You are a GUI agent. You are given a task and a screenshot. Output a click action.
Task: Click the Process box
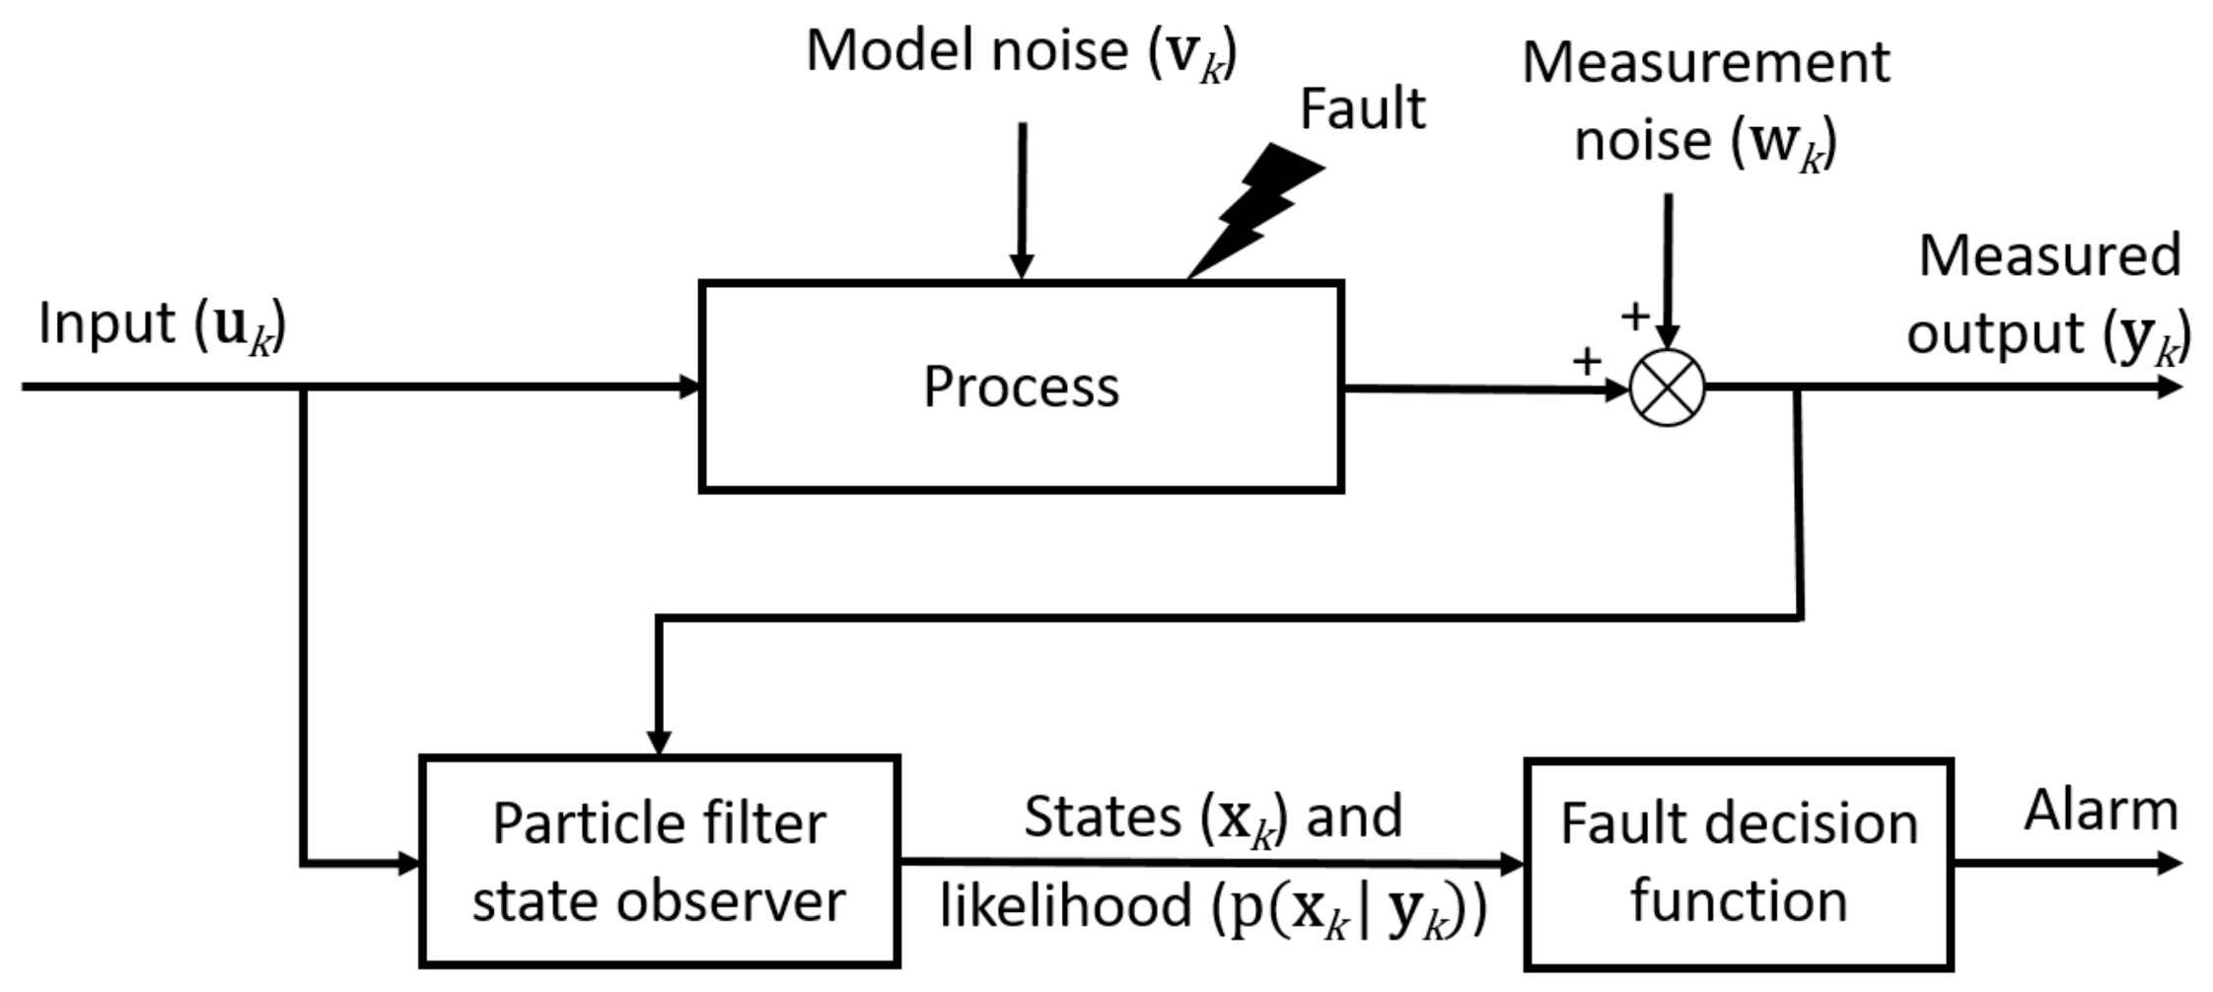pyautogui.click(x=1021, y=387)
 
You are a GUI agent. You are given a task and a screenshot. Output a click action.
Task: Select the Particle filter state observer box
pyautogui.click(x=659, y=862)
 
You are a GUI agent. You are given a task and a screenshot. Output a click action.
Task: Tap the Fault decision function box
pyautogui.click(x=1738, y=864)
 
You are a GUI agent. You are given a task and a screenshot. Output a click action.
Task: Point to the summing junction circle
pyautogui.click(x=1667, y=388)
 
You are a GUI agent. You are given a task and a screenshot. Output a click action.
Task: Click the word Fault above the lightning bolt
pyautogui.click(x=1362, y=108)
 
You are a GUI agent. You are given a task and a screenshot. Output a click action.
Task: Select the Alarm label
pyautogui.click(x=2101, y=811)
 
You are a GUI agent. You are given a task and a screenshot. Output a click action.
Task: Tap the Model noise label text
pyautogui.click(x=1021, y=51)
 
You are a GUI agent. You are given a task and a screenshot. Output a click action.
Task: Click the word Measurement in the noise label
pyautogui.click(x=1705, y=64)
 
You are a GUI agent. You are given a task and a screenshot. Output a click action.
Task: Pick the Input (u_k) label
pyautogui.click(x=162, y=325)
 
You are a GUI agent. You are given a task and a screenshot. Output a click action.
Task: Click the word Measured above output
pyautogui.click(x=2049, y=256)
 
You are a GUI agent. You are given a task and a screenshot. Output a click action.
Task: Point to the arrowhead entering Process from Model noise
pyautogui.click(x=1022, y=266)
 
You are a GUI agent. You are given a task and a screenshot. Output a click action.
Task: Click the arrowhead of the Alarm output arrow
pyautogui.click(x=2170, y=864)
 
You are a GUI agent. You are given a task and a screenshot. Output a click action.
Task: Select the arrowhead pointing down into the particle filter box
pyautogui.click(x=659, y=742)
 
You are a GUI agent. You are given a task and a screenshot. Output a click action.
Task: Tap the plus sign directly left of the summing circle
pyautogui.click(x=1586, y=362)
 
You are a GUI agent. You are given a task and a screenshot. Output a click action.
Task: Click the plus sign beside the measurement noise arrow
pyautogui.click(x=1634, y=317)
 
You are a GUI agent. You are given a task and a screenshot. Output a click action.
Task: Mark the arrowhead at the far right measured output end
pyautogui.click(x=2170, y=388)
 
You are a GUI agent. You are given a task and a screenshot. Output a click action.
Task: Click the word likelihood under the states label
pyautogui.click(x=1065, y=905)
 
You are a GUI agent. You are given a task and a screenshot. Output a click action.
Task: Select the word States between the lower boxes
pyautogui.click(x=1103, y=816)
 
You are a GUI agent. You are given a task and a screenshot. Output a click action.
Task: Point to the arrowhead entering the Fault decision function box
pyautogui.click(x=1511, y=865)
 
